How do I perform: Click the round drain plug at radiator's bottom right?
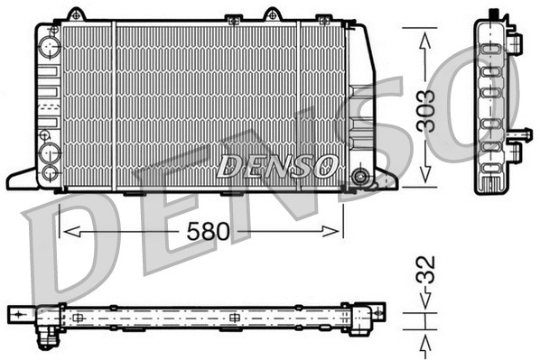pos(361,176)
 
